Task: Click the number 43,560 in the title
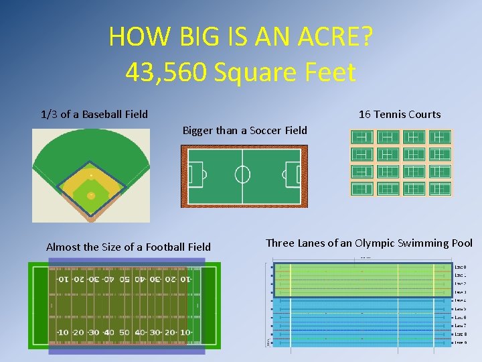(166, 72)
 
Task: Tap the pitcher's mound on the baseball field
(91, 177)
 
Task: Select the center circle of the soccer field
(242, 174)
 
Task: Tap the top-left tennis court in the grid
(364, 137)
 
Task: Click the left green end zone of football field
(37, 305)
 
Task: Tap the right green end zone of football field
(209, 305)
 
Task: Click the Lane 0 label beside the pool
(460, 267)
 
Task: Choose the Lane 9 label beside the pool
(460, 342)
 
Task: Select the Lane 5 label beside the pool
(460, 309)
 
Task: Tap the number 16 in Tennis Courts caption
(365, 114)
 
